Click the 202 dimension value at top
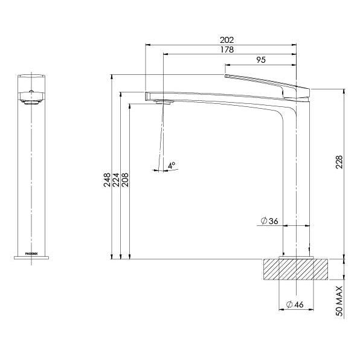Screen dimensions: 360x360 (228, 40)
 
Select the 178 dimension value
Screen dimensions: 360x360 (228, 50)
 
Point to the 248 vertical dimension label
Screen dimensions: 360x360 (107, 179)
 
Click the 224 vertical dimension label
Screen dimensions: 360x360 (116, 179)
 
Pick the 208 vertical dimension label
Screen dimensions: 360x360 (125, 179)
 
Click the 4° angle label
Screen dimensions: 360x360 (172, 164)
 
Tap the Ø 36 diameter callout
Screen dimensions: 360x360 (269, 222)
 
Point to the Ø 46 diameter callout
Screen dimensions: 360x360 (294, 304)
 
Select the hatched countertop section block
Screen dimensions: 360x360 (296, 269)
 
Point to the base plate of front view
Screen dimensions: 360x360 (30, 258)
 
